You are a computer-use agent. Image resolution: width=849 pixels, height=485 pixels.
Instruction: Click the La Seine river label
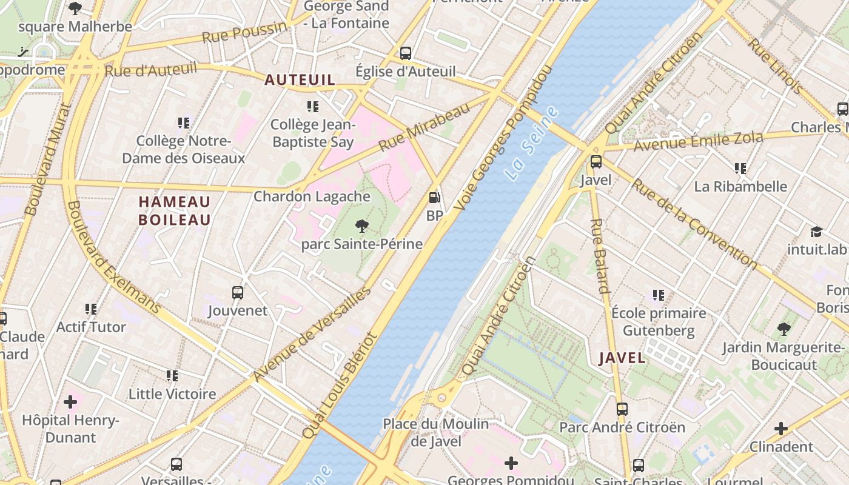pyautogui.click(x=531, y=144)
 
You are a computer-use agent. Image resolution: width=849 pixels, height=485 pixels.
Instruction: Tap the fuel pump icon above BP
pyautogui.click(x=434, y=198)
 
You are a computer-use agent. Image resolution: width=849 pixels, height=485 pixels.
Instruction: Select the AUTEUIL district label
pyautogui.click(x=300, y=79)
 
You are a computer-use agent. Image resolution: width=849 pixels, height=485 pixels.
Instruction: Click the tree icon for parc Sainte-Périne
pyautogui.click(x=362, y=227)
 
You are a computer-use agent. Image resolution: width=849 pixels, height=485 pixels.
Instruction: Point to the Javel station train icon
pyautogui.click(x=596, y=162)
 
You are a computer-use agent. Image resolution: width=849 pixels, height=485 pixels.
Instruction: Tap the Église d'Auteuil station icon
pyautogui.click(x=406, y=53)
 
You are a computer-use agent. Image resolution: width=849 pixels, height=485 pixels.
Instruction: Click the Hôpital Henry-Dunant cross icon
pyautogui.click(x=70, y=401)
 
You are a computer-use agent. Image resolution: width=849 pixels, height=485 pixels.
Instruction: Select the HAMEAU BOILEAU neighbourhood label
pyautogui.click(x=175, y=210)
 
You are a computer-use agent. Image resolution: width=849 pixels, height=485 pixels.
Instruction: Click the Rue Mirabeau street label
pyautogui.click(x=424, y=127)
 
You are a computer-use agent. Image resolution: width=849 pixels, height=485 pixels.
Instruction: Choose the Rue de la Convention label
pyautogui.click(x=694, y=223)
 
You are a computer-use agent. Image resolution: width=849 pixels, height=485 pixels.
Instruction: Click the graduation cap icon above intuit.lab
pyautogui.click(x=816, y=232)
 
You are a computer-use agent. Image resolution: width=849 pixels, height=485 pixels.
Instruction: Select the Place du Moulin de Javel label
pyautogui.click(x=435, y=432)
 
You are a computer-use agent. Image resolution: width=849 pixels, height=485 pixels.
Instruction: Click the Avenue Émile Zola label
pyautogui.click(x=698, y=142)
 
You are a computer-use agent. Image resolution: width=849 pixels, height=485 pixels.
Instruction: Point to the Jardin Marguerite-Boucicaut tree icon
pyautogui.click(x=784, y=330)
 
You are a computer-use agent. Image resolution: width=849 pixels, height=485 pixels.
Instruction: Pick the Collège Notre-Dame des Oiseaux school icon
pyautogui.click(x=184, y=124)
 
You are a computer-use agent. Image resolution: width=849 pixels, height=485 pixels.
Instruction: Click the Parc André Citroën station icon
pyautogui.click(x=622, y=409)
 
